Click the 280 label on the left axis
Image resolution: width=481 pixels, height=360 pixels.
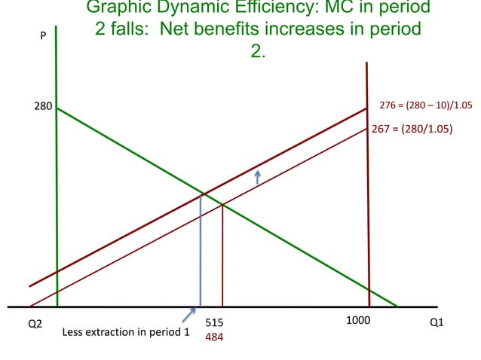point(42,106)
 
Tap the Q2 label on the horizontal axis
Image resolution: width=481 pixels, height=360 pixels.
point(35,322)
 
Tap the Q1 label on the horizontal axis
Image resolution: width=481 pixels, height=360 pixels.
point(436,322)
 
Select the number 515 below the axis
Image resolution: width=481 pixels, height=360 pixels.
point(214,323)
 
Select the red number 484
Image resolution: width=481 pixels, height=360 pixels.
point(214,337)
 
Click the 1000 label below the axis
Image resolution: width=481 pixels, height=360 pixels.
point(357,320)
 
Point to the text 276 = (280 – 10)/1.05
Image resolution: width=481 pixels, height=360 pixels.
point(425,105)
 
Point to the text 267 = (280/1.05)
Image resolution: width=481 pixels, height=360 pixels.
point(412,129)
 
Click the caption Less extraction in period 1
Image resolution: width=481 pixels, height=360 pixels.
point(125,331)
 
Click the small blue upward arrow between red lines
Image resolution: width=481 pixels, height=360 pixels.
point(257,177)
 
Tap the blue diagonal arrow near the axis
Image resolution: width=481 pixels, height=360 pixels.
point(189,316)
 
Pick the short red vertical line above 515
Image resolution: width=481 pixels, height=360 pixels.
point(222,256)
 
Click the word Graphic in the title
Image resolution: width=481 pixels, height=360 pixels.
point(116,8)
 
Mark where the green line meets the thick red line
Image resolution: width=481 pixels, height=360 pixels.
point(201,194)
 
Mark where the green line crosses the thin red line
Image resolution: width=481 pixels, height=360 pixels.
point(222,204)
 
